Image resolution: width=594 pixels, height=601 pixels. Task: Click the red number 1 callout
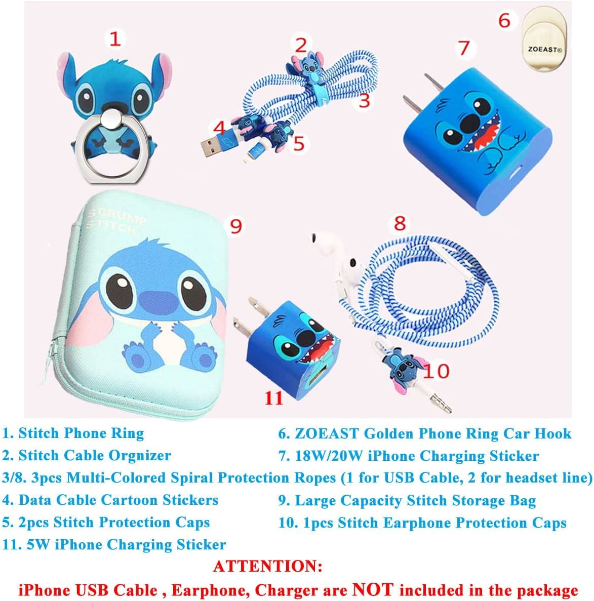tap(115, 38)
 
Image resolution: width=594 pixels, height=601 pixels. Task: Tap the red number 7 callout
tap(464, 48)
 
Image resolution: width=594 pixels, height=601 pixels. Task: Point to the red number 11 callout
tap(273, 397)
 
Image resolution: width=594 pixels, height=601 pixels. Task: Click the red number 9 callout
tap(235, 226)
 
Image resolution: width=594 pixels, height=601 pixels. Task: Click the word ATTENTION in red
tap(267, 566)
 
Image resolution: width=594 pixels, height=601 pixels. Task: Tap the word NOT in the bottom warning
tap(373, 589)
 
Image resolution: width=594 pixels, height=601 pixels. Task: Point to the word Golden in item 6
tap(389, 433)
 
